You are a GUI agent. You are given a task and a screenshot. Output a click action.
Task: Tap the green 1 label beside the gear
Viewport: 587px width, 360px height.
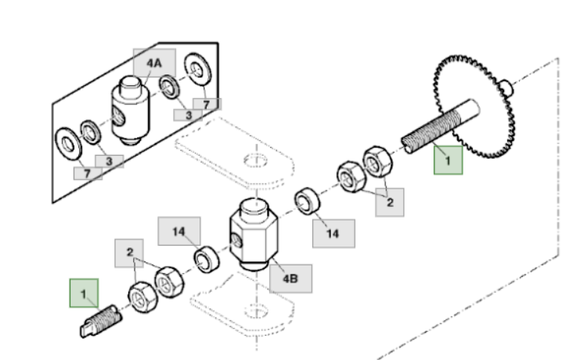pos(448,160)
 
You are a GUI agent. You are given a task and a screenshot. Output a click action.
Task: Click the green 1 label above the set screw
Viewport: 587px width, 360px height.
pos(84,293)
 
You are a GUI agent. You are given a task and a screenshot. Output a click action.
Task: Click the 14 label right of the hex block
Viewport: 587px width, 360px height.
pos(333,232)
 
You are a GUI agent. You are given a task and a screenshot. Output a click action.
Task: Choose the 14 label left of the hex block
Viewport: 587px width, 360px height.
pos(179,232)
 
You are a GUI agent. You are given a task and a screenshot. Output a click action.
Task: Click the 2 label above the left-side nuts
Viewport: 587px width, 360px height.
pos(131,254)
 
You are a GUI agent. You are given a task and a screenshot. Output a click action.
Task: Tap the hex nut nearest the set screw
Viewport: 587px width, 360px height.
pos(142,295)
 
